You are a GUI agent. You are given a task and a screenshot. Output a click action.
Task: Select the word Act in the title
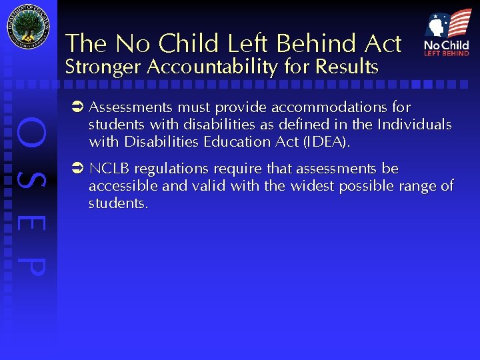pos(383,44)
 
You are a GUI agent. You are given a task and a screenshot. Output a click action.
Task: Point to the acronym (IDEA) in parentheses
pos(327,142)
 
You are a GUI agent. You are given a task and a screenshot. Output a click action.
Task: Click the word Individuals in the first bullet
pos(414,125)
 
